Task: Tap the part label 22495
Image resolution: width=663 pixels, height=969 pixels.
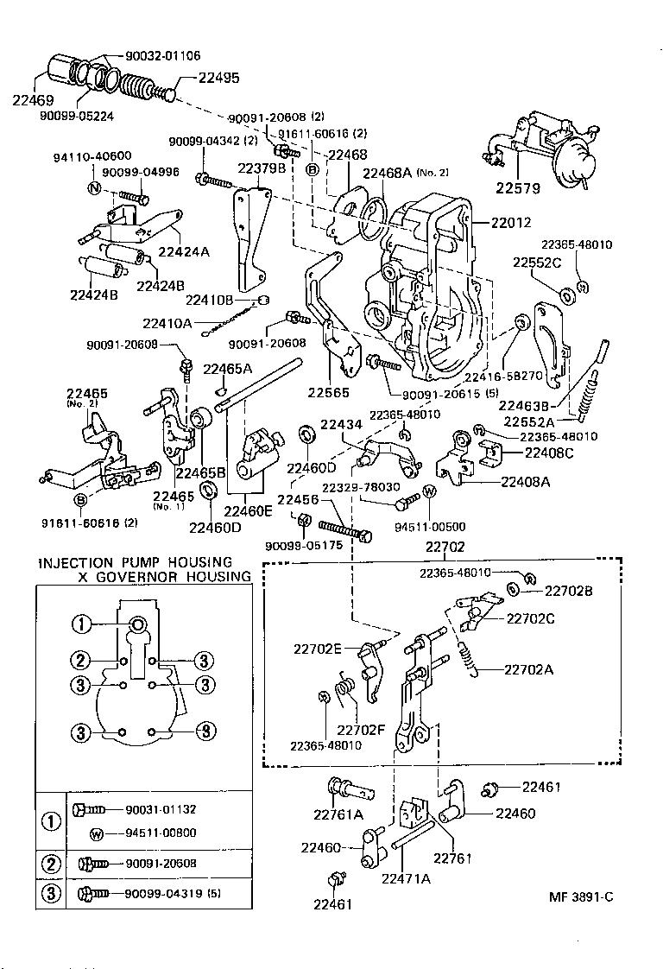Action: pos(218,77)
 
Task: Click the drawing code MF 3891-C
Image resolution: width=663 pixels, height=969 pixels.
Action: pos(580,896)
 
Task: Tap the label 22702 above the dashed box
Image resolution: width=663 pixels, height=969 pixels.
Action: pos(445,547)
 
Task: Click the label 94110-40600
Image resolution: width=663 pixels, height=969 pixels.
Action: pos(92,156)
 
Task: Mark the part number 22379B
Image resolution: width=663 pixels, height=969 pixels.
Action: pos(262,168)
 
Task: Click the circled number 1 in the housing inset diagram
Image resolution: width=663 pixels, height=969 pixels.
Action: pos(80,624)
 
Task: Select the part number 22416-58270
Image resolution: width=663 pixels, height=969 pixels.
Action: pos(502,377)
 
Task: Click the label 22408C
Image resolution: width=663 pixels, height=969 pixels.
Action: pos(549,453)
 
